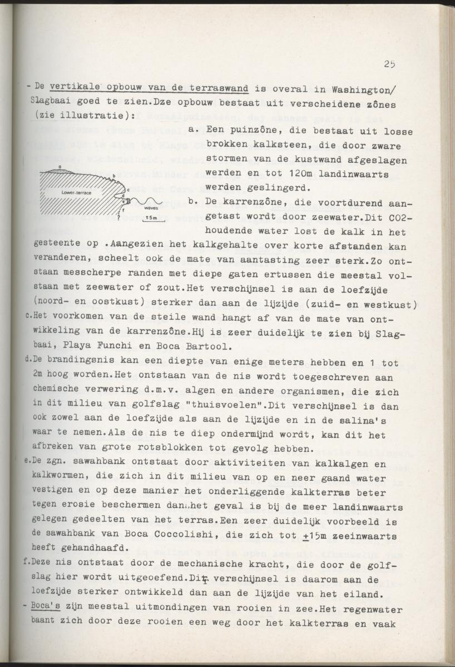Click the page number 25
389,64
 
